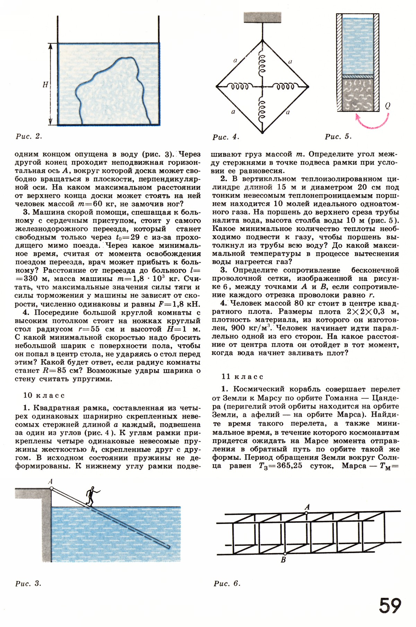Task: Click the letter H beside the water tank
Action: (45, 84)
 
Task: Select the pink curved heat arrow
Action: (373, 121)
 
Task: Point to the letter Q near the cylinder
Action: (387, 106)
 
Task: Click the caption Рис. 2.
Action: (29, 136)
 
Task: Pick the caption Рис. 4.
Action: (226, 137)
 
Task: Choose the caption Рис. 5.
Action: (338, 137)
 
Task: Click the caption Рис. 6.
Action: (227, 584)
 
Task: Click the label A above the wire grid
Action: (307, 507)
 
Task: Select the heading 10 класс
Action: (44, 395)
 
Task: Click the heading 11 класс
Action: (242, 376)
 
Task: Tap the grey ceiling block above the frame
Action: (262, 17)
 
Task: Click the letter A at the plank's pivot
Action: (51, 481)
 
